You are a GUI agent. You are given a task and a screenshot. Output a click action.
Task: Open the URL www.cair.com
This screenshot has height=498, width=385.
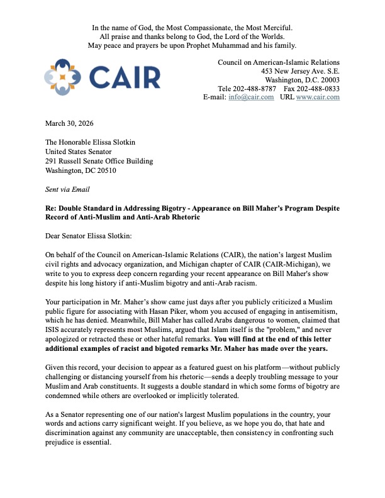(318, 97)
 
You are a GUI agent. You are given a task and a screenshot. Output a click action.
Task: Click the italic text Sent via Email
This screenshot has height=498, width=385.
(67, 189)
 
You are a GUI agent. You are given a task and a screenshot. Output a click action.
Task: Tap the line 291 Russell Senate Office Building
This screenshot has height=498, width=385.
(98, 161)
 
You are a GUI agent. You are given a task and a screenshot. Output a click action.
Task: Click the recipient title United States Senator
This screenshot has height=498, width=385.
(77, 152)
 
